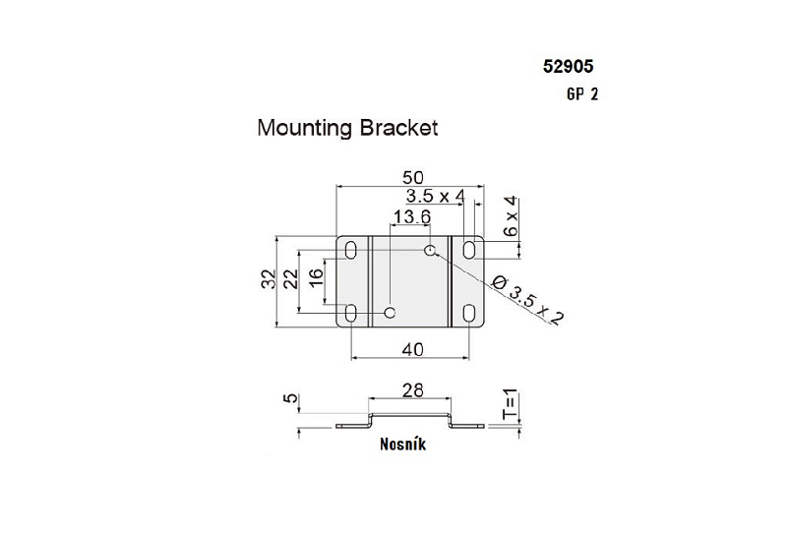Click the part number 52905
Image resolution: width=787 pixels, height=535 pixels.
568,68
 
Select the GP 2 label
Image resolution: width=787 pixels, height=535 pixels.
581,95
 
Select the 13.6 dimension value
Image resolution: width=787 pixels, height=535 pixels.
411,217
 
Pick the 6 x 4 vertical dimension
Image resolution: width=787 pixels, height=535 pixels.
511,215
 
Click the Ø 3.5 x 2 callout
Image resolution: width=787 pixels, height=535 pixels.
532,301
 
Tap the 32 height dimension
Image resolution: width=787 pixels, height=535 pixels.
268,279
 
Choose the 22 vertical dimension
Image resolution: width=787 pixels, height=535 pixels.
290,279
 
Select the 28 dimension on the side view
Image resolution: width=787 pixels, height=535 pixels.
412,390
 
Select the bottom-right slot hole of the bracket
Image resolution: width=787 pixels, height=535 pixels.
471,313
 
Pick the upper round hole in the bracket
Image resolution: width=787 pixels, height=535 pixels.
430,250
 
